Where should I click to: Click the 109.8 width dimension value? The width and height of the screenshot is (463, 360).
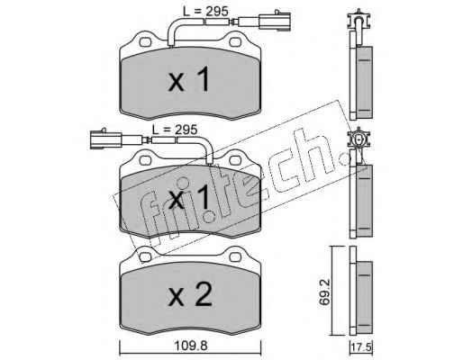coord(191,346)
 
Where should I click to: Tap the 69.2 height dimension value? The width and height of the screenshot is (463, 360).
coord(324,292)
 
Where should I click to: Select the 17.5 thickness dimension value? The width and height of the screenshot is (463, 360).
coord(362,348)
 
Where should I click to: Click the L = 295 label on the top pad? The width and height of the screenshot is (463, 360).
coord(205,12)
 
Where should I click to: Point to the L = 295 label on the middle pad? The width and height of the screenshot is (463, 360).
coord(175,130)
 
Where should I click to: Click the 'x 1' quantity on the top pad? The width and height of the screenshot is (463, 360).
coord(188,79)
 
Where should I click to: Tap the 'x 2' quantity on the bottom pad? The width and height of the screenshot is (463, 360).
coord(189,294)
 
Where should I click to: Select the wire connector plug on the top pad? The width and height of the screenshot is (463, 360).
coord(275,21)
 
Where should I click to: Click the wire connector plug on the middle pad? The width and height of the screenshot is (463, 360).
coord(105,139)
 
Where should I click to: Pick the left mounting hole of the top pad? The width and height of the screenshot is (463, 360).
coord(145,42)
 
